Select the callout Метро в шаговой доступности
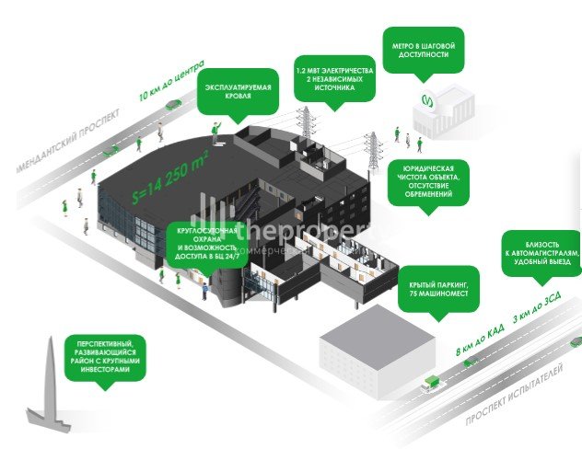pos(423,49)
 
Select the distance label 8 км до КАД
pos(480,340)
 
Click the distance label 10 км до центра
pos(170,85)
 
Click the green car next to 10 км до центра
pos(173,107)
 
